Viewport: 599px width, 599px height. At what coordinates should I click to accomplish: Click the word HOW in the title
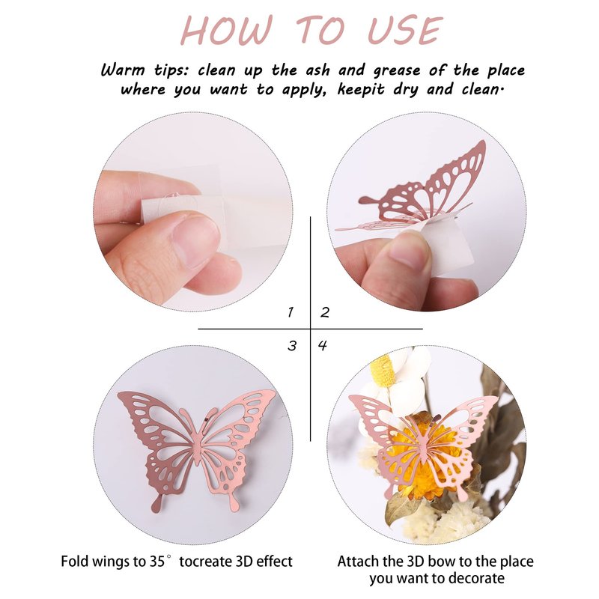coord(227,30)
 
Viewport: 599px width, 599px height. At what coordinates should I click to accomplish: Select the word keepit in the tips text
coord(361,90)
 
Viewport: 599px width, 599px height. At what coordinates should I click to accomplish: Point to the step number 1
coord(291,312)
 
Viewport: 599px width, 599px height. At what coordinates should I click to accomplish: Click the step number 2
coord(325,312)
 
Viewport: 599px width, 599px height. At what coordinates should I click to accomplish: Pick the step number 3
coord(292,346)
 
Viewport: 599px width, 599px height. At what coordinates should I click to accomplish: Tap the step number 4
coord(323,346)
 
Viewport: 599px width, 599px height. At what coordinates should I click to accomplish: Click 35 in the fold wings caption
coord(155,562)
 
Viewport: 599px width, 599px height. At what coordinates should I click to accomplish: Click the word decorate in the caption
coord(478,578)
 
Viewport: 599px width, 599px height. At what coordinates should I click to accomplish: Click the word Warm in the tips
coord(123,70)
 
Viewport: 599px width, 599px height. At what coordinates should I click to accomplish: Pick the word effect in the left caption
coord(274,562)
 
